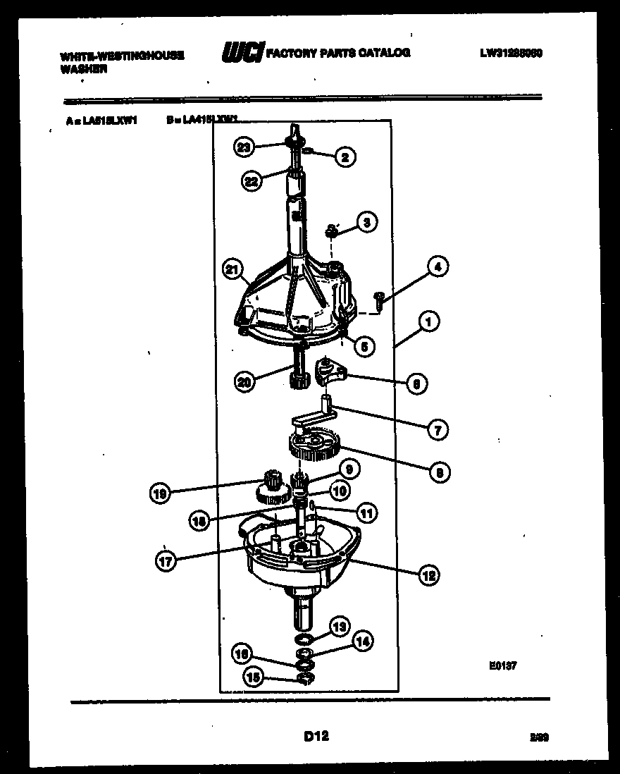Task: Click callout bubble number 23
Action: click(x=244, y=148)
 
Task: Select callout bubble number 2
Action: click(x=345, y=158)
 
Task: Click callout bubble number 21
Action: click(x=231, y=269)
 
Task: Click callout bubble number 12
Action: click(x=428, y=575)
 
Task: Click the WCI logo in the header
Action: click(x=242, y=53)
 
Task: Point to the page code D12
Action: click(x=316, y=737)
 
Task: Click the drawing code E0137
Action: click(x=501, y=664)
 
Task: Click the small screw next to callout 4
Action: click(x=379, y=299)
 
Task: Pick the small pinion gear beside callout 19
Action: click(x=269, y=486)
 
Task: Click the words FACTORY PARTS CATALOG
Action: click(x=337, y=53)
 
